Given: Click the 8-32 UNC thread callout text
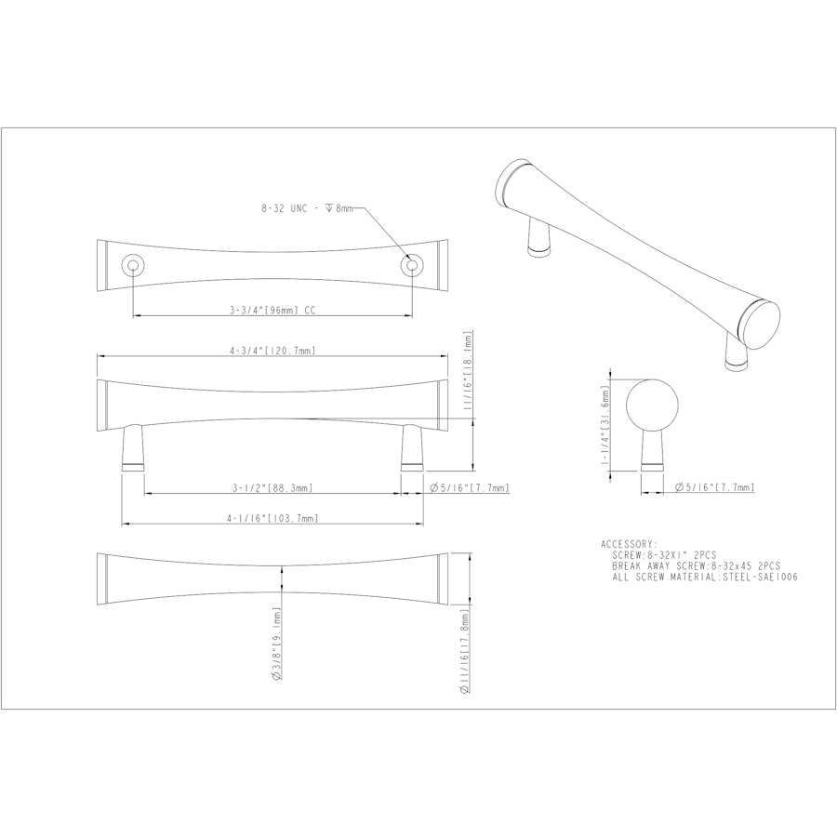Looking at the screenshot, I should pos(307,210).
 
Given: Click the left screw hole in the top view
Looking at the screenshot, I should pos(134,267).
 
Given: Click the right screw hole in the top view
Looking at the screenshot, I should pos(409,267).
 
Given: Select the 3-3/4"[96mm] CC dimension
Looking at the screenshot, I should pos(272,311).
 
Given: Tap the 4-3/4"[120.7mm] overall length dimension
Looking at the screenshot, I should pos(272,351).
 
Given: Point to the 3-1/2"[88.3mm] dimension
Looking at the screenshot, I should pos(272,487).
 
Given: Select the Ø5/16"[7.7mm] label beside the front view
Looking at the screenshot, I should pos(469,487).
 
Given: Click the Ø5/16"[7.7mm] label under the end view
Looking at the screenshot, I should pos(714,487).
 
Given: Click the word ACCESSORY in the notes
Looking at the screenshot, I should pos(629,543).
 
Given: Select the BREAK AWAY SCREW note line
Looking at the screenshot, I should pos(696,565).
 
